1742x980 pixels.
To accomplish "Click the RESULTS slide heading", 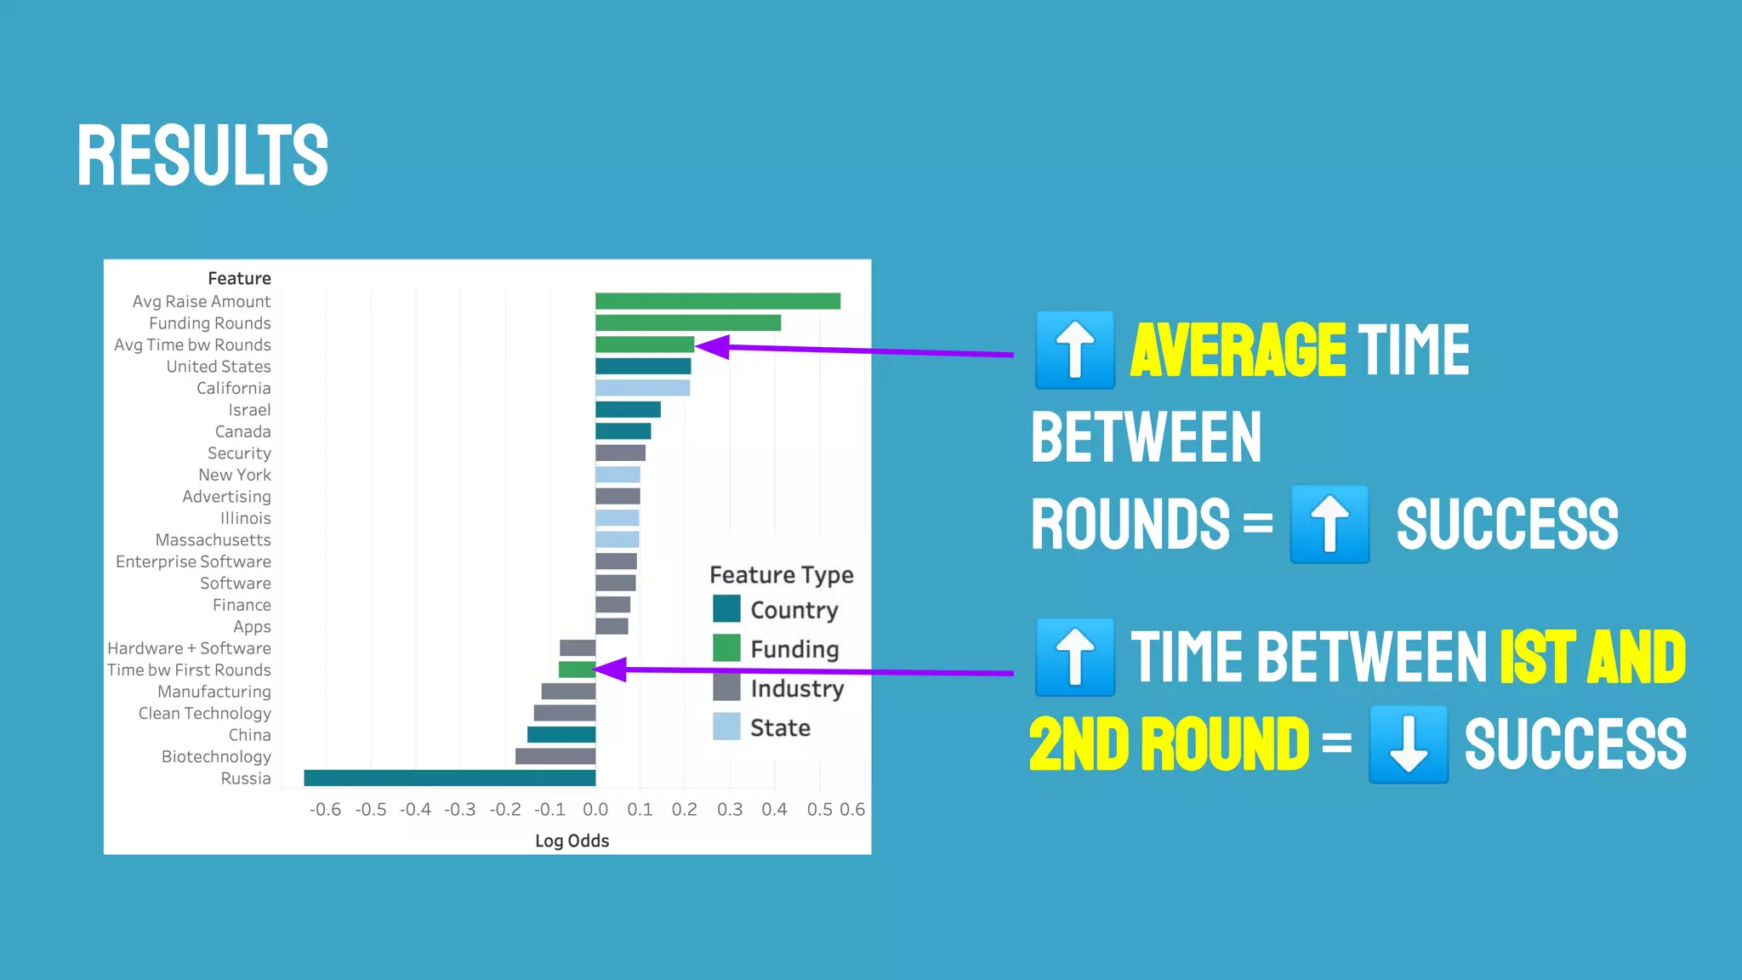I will [x=202, y=155].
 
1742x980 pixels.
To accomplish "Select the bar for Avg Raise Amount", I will [x=717, y=301].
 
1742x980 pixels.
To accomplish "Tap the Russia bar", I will [x=449, y=778].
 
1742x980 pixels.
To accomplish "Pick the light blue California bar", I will [x=642, y=388].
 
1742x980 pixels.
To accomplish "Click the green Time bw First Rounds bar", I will [x=577, y=669].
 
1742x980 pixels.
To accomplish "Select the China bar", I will [x=561, y=734].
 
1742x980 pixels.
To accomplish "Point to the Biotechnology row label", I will [x=216, y=756].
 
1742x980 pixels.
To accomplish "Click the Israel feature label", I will [x=249, y=410].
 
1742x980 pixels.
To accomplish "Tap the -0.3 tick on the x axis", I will [x=460, y=809].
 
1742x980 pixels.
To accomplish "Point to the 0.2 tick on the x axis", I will [x=684, y=809].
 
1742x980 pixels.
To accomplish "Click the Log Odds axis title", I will [x=572, y=840].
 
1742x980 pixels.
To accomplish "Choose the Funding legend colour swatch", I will [x=726, y=648].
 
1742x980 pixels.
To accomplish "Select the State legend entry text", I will [x=780, y=727].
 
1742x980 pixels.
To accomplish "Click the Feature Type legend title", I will [x=781, y=575].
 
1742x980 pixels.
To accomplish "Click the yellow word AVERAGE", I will [x=1238, y=350].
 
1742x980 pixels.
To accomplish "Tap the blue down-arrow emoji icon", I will [x=1408, y=744].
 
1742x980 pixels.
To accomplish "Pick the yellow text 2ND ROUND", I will [x=1169, y=744].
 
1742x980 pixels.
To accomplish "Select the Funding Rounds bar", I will [x=687, y=323].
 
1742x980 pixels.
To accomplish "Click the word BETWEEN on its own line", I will [x=1146, y=437].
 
